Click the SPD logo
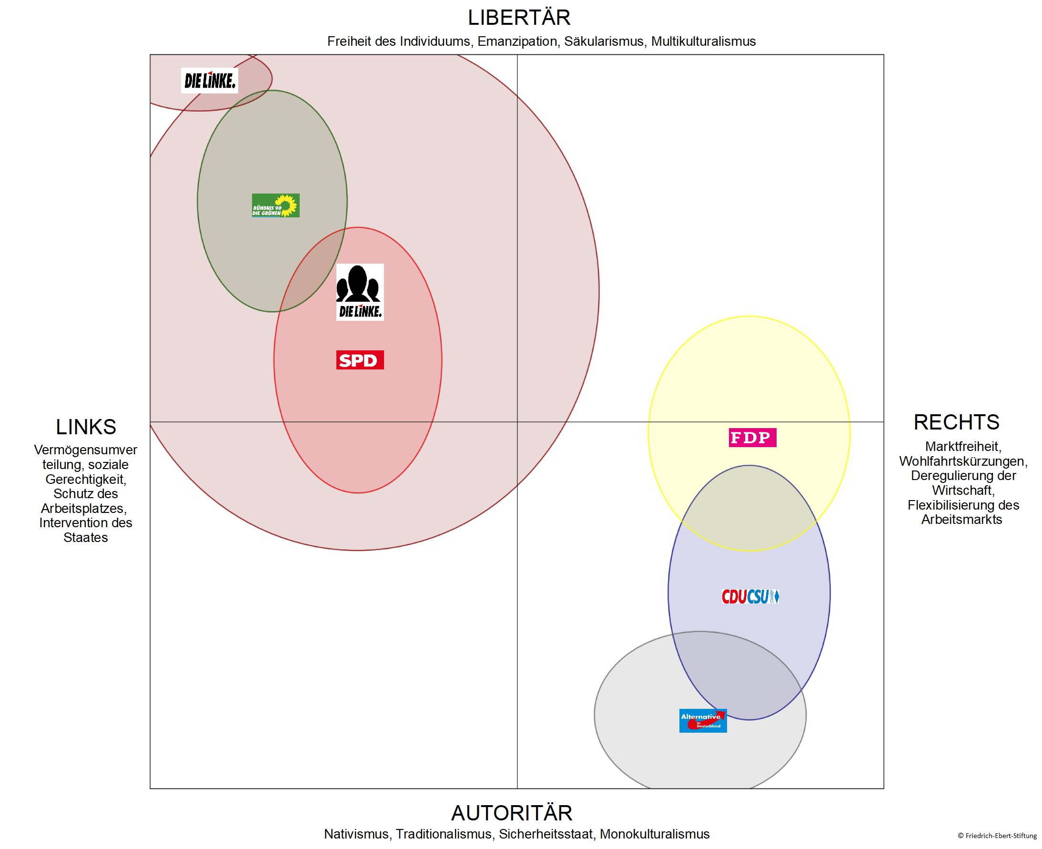360,360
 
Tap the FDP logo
752,437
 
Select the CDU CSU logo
750,597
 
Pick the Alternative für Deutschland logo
703,720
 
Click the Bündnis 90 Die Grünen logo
276,205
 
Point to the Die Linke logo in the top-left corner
210,81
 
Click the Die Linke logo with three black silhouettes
360,292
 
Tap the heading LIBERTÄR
519,18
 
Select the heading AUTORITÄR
511,813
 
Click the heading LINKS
86,427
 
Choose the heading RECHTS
956,422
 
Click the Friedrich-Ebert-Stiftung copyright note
997,836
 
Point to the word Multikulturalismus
703,41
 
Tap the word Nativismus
356,834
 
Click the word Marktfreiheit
963,447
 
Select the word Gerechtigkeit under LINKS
86,479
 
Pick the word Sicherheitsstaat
546,834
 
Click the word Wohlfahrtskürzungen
963,461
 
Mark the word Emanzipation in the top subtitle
517,41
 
